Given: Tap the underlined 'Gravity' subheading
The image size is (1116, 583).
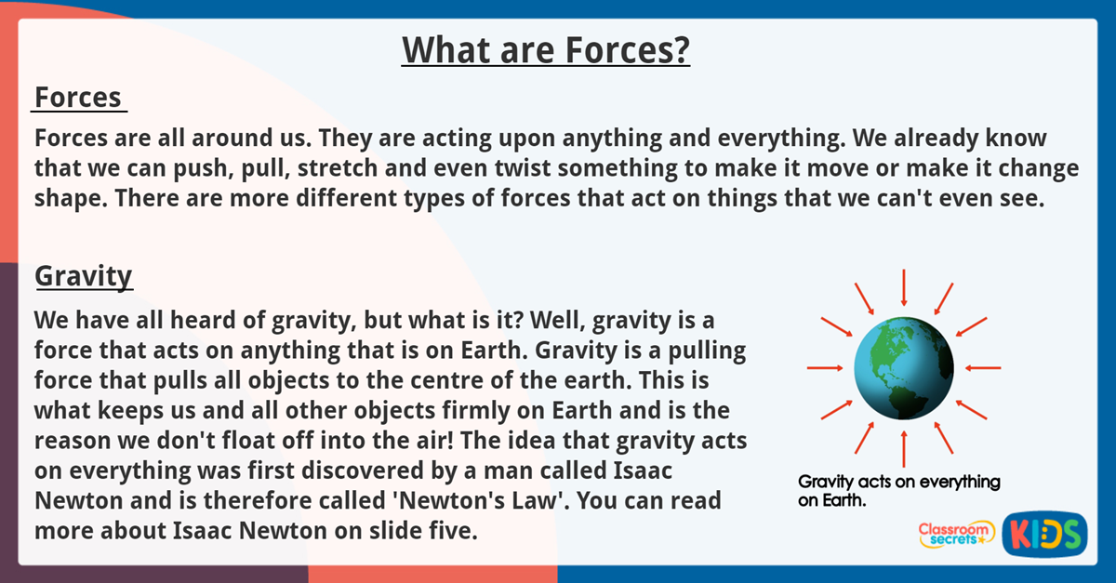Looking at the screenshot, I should tap(84, 276).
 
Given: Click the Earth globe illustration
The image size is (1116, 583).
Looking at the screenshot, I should tap(903, 368).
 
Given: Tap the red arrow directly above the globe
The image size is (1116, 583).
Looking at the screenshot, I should tap(903, 287).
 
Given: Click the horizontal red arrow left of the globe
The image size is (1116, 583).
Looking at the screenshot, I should tap(823, 368).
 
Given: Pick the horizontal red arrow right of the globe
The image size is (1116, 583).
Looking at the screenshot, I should tap(983, 368).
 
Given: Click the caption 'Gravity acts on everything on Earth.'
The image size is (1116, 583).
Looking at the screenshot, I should tap(898, 491).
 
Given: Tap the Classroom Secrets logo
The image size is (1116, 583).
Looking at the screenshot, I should tap(956, 534).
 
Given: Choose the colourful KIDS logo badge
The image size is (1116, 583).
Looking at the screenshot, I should tap(1044, 534).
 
